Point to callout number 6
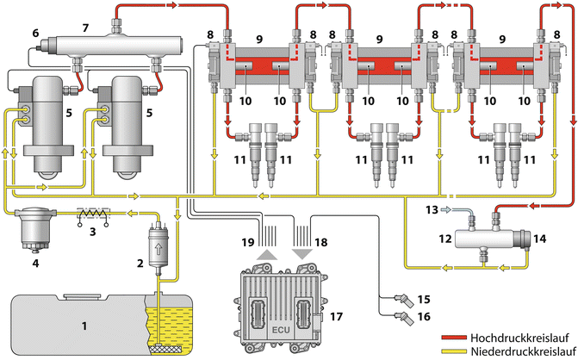[35, 33]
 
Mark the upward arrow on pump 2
[159, 240]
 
